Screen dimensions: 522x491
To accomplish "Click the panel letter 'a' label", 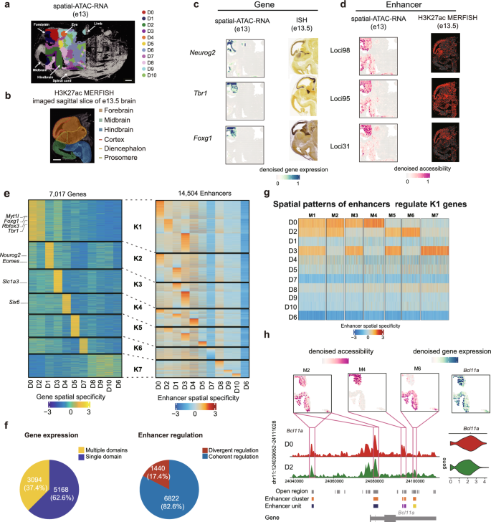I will click(x=6, y=6).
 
